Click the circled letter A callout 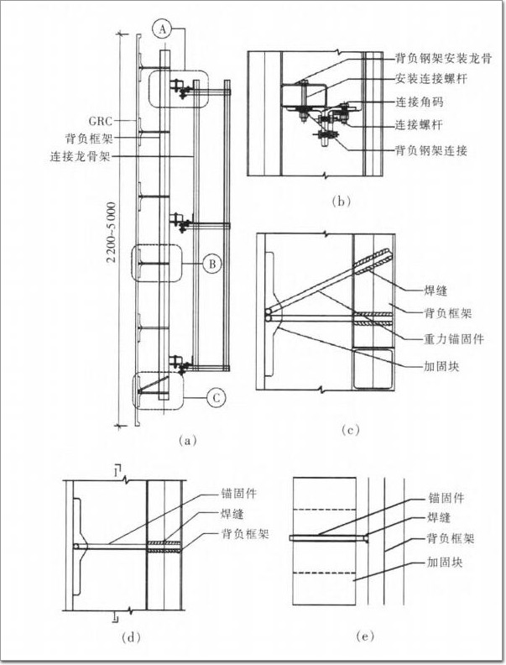pyautogui.click(x=164, y=29)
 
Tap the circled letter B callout pyautogui.click(x=213, y=264)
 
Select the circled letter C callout pyautogui.click(x=215, y=398)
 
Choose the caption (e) pyautogui.click(x=365, y=637)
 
